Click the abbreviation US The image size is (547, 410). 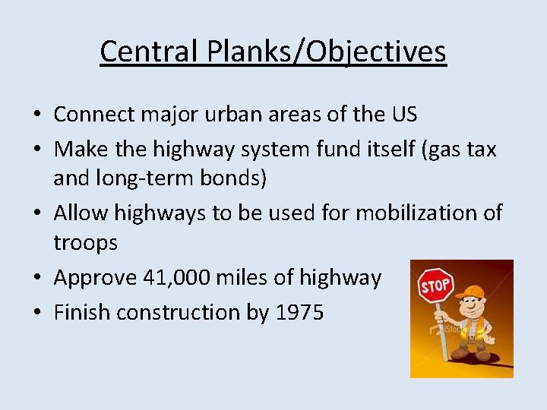click(x=402, y=115)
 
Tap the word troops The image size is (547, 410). click(x=86, y=243)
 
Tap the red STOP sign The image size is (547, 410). click(x=435, y=285)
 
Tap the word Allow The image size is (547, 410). click(x=81, y=213)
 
